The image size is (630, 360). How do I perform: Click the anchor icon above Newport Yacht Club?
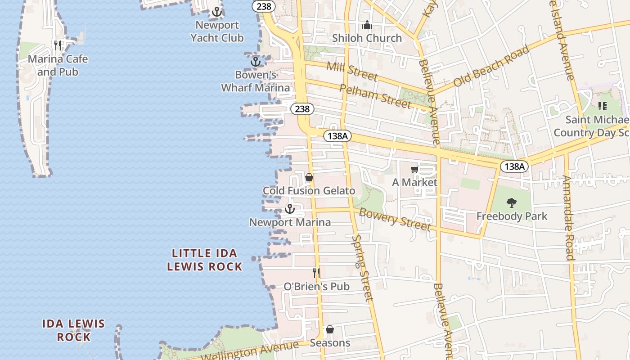click(217, 12)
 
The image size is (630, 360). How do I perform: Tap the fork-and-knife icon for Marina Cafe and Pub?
click(58, 45)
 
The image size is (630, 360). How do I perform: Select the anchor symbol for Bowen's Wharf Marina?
click(256, 61)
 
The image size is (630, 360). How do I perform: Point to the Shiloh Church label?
click(367, 38)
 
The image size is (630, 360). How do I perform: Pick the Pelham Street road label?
click(375, 96)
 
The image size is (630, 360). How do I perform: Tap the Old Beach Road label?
click(491, 66)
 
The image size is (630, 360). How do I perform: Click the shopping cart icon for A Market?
click(414, 170)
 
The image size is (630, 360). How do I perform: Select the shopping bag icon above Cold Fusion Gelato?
click(309, 178)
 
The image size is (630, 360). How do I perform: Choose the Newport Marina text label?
click(290, 222)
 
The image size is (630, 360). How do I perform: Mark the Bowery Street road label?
click(395, 219)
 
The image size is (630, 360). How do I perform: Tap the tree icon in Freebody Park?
click(512, 203)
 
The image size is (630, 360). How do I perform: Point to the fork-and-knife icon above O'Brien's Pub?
click(316, 273)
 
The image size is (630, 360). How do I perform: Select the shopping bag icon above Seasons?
click(330, 330)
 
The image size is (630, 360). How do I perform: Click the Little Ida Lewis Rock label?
click(205, 260)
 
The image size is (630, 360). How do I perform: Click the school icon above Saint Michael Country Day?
click(603, 106)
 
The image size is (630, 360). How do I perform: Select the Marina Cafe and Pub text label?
click(58, 65)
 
